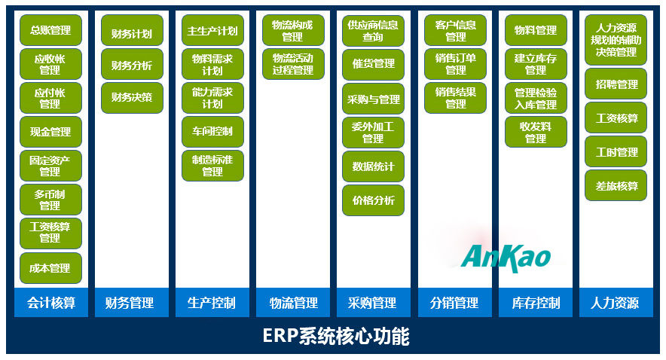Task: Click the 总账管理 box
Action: coord(50,30)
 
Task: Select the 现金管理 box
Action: coord(50,132)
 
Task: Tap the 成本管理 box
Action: coord(50,268)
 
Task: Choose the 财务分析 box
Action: coord(132,65)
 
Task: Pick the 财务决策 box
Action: coord(132,97)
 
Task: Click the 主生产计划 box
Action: coord(212,31)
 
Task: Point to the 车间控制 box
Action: coord(212,132)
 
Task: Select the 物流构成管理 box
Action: coord(293,31)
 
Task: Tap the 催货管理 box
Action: coord(373,65)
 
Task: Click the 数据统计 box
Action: coord(373,166)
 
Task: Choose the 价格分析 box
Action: coord(373,200)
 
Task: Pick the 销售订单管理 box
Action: coord(455,65)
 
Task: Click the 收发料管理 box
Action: coord(536,133)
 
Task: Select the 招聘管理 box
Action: coord(616,84)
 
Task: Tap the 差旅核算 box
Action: coord(616,186)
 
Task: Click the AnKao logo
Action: coord(506,256)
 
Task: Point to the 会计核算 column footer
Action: coord(50,303)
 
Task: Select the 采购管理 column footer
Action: coord(373,303)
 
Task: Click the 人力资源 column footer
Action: coord(616,303)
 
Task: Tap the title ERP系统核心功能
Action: coord(335,336)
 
